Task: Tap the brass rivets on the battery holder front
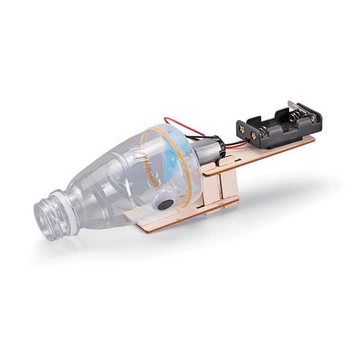[254, 136]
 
